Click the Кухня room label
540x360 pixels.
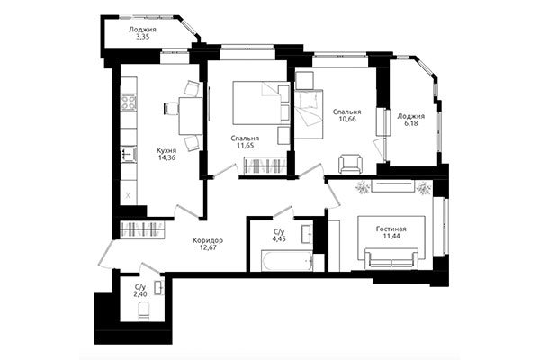[166, 150]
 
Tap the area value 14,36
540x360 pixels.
[166, 158]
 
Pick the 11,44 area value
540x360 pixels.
[391, 238]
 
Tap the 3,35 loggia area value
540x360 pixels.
[143, 38]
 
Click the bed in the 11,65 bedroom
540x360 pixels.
[258, 103]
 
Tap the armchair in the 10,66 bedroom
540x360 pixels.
[350, 164]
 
